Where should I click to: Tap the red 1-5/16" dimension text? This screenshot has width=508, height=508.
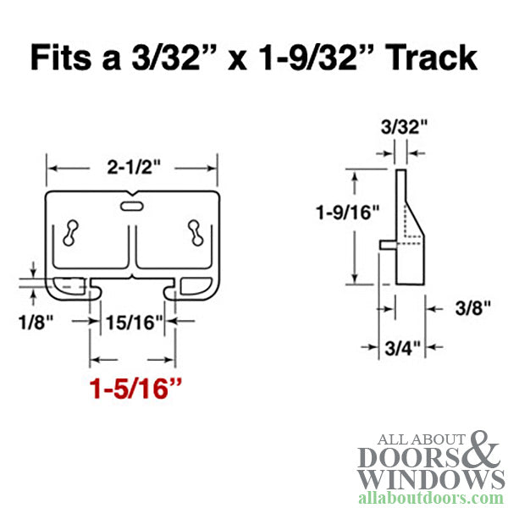click(133, 390)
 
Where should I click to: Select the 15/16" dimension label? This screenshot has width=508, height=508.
click(132, 322)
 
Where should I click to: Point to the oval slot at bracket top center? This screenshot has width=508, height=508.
click(133, 206)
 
